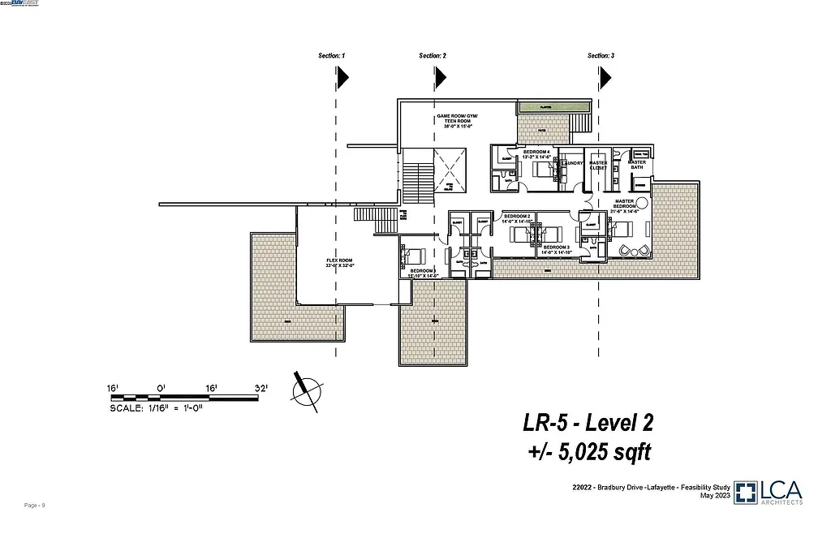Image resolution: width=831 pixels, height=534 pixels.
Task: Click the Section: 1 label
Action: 331,56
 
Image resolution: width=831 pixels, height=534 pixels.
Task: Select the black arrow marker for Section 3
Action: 605,77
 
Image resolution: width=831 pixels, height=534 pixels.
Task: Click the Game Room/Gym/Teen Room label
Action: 459,121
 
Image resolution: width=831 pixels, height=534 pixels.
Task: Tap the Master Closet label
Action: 598,166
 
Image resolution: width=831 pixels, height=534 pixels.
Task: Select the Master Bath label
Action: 637,165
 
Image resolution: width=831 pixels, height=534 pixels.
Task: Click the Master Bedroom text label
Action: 624,205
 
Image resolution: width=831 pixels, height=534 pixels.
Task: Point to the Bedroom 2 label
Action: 516,218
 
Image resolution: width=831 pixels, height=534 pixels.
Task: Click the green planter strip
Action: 552,106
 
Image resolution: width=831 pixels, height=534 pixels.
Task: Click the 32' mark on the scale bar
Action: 260,389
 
